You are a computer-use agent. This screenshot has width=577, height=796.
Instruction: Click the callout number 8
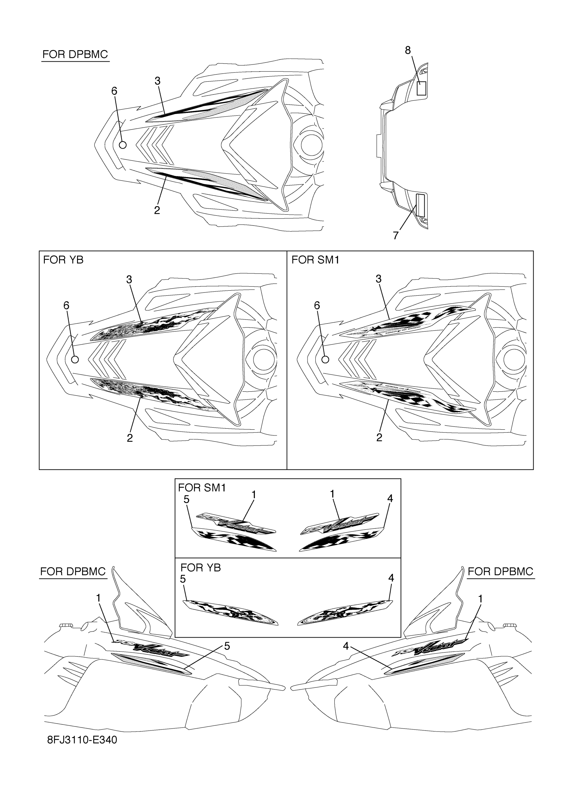point(407,51)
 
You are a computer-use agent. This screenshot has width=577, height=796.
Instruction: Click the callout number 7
point(396,235)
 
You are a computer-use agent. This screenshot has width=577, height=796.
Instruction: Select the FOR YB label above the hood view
point(63,260)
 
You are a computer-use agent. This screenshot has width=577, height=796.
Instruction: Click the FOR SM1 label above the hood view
point(315,260)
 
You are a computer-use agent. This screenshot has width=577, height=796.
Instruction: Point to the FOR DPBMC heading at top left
point(75,54)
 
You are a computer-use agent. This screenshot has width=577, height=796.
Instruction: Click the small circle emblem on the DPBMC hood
point(123,144)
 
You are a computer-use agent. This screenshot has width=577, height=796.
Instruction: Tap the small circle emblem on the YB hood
point(75,360)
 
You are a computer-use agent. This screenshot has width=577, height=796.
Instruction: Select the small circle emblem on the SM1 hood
point(325,360)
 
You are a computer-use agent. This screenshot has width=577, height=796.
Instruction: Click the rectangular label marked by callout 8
point(421,88)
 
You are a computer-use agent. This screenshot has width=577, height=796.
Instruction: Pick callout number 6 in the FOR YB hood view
point(67,306)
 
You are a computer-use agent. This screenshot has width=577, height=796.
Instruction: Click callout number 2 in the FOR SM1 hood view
point(379,437)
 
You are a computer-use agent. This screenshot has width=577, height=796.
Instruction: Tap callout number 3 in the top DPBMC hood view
point(157,81)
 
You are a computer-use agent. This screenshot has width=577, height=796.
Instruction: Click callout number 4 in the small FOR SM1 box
point(390,498)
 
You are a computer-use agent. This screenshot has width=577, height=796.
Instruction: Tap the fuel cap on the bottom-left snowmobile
point(64,625)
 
